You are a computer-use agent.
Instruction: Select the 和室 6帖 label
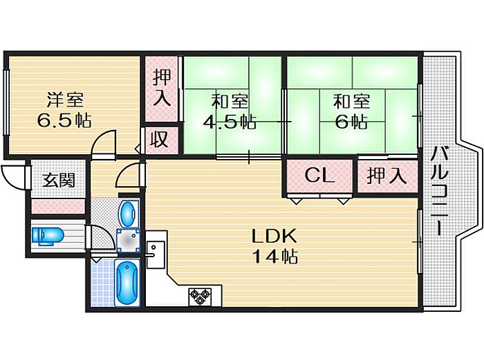click(x=351, y=112)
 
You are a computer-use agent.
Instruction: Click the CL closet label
click(x=319, y=176)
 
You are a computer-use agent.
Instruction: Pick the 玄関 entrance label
click(x=57, y=181)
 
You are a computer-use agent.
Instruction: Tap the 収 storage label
click(x=160, y=140)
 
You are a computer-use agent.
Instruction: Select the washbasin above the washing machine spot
click(x=127, y=213)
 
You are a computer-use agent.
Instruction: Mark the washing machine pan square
click(x=127, y=240)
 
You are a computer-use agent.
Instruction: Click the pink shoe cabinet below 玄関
click(x=57, y=205)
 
